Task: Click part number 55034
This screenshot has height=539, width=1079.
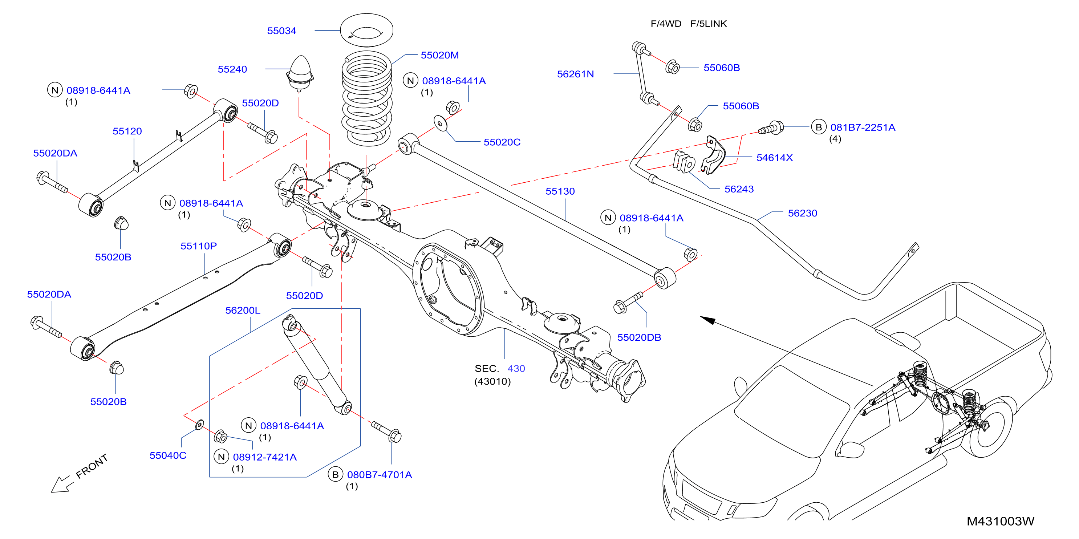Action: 281,31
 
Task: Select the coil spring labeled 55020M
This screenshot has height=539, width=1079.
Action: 366,99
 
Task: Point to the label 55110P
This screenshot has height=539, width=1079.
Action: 199,246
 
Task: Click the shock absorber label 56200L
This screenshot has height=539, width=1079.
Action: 243,310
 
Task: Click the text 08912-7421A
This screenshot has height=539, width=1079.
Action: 265,457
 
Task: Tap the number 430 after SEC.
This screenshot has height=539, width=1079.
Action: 516,369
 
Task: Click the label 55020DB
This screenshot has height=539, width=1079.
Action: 639,337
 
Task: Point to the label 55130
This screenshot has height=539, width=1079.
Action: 560,191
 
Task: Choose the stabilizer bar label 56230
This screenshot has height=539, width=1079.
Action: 803,213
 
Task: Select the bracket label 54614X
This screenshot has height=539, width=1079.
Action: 775,158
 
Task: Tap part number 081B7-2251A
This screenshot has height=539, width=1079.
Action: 863,127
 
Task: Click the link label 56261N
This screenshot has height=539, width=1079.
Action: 575,74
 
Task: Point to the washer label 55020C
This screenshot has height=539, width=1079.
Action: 502,142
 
